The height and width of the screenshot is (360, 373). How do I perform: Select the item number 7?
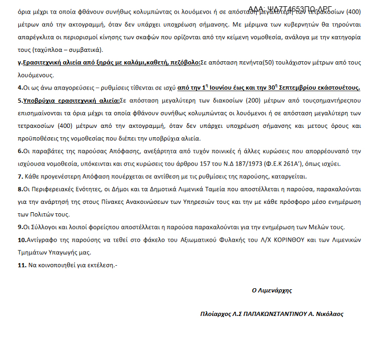click(19, 176)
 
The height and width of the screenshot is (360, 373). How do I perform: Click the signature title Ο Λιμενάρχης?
click(271, 290)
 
